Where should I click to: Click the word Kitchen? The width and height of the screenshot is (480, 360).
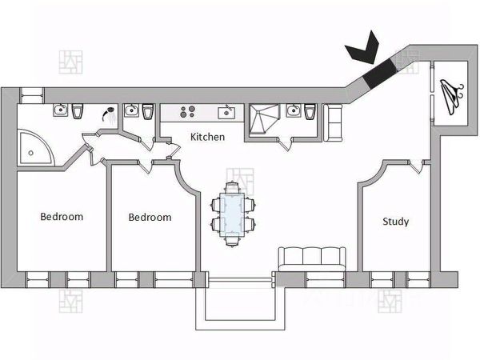coord(207,137)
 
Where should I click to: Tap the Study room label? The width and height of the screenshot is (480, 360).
coord(395,222)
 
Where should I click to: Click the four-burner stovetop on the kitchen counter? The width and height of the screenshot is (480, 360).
coord(189,112)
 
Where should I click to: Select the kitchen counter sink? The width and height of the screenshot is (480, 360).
coord(228,111)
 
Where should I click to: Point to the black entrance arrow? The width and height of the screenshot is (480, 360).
coord(362,50)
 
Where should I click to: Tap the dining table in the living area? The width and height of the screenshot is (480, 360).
coord(233,214)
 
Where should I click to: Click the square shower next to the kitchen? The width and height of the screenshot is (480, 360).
coord(263,121)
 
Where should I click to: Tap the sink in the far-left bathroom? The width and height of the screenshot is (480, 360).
coord(59,110)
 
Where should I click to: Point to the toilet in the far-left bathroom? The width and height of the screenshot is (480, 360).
coord(77,111)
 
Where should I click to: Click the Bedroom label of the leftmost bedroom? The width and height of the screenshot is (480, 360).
coord(62,216)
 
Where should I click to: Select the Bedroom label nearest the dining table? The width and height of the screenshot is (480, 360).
coord(150,217)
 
